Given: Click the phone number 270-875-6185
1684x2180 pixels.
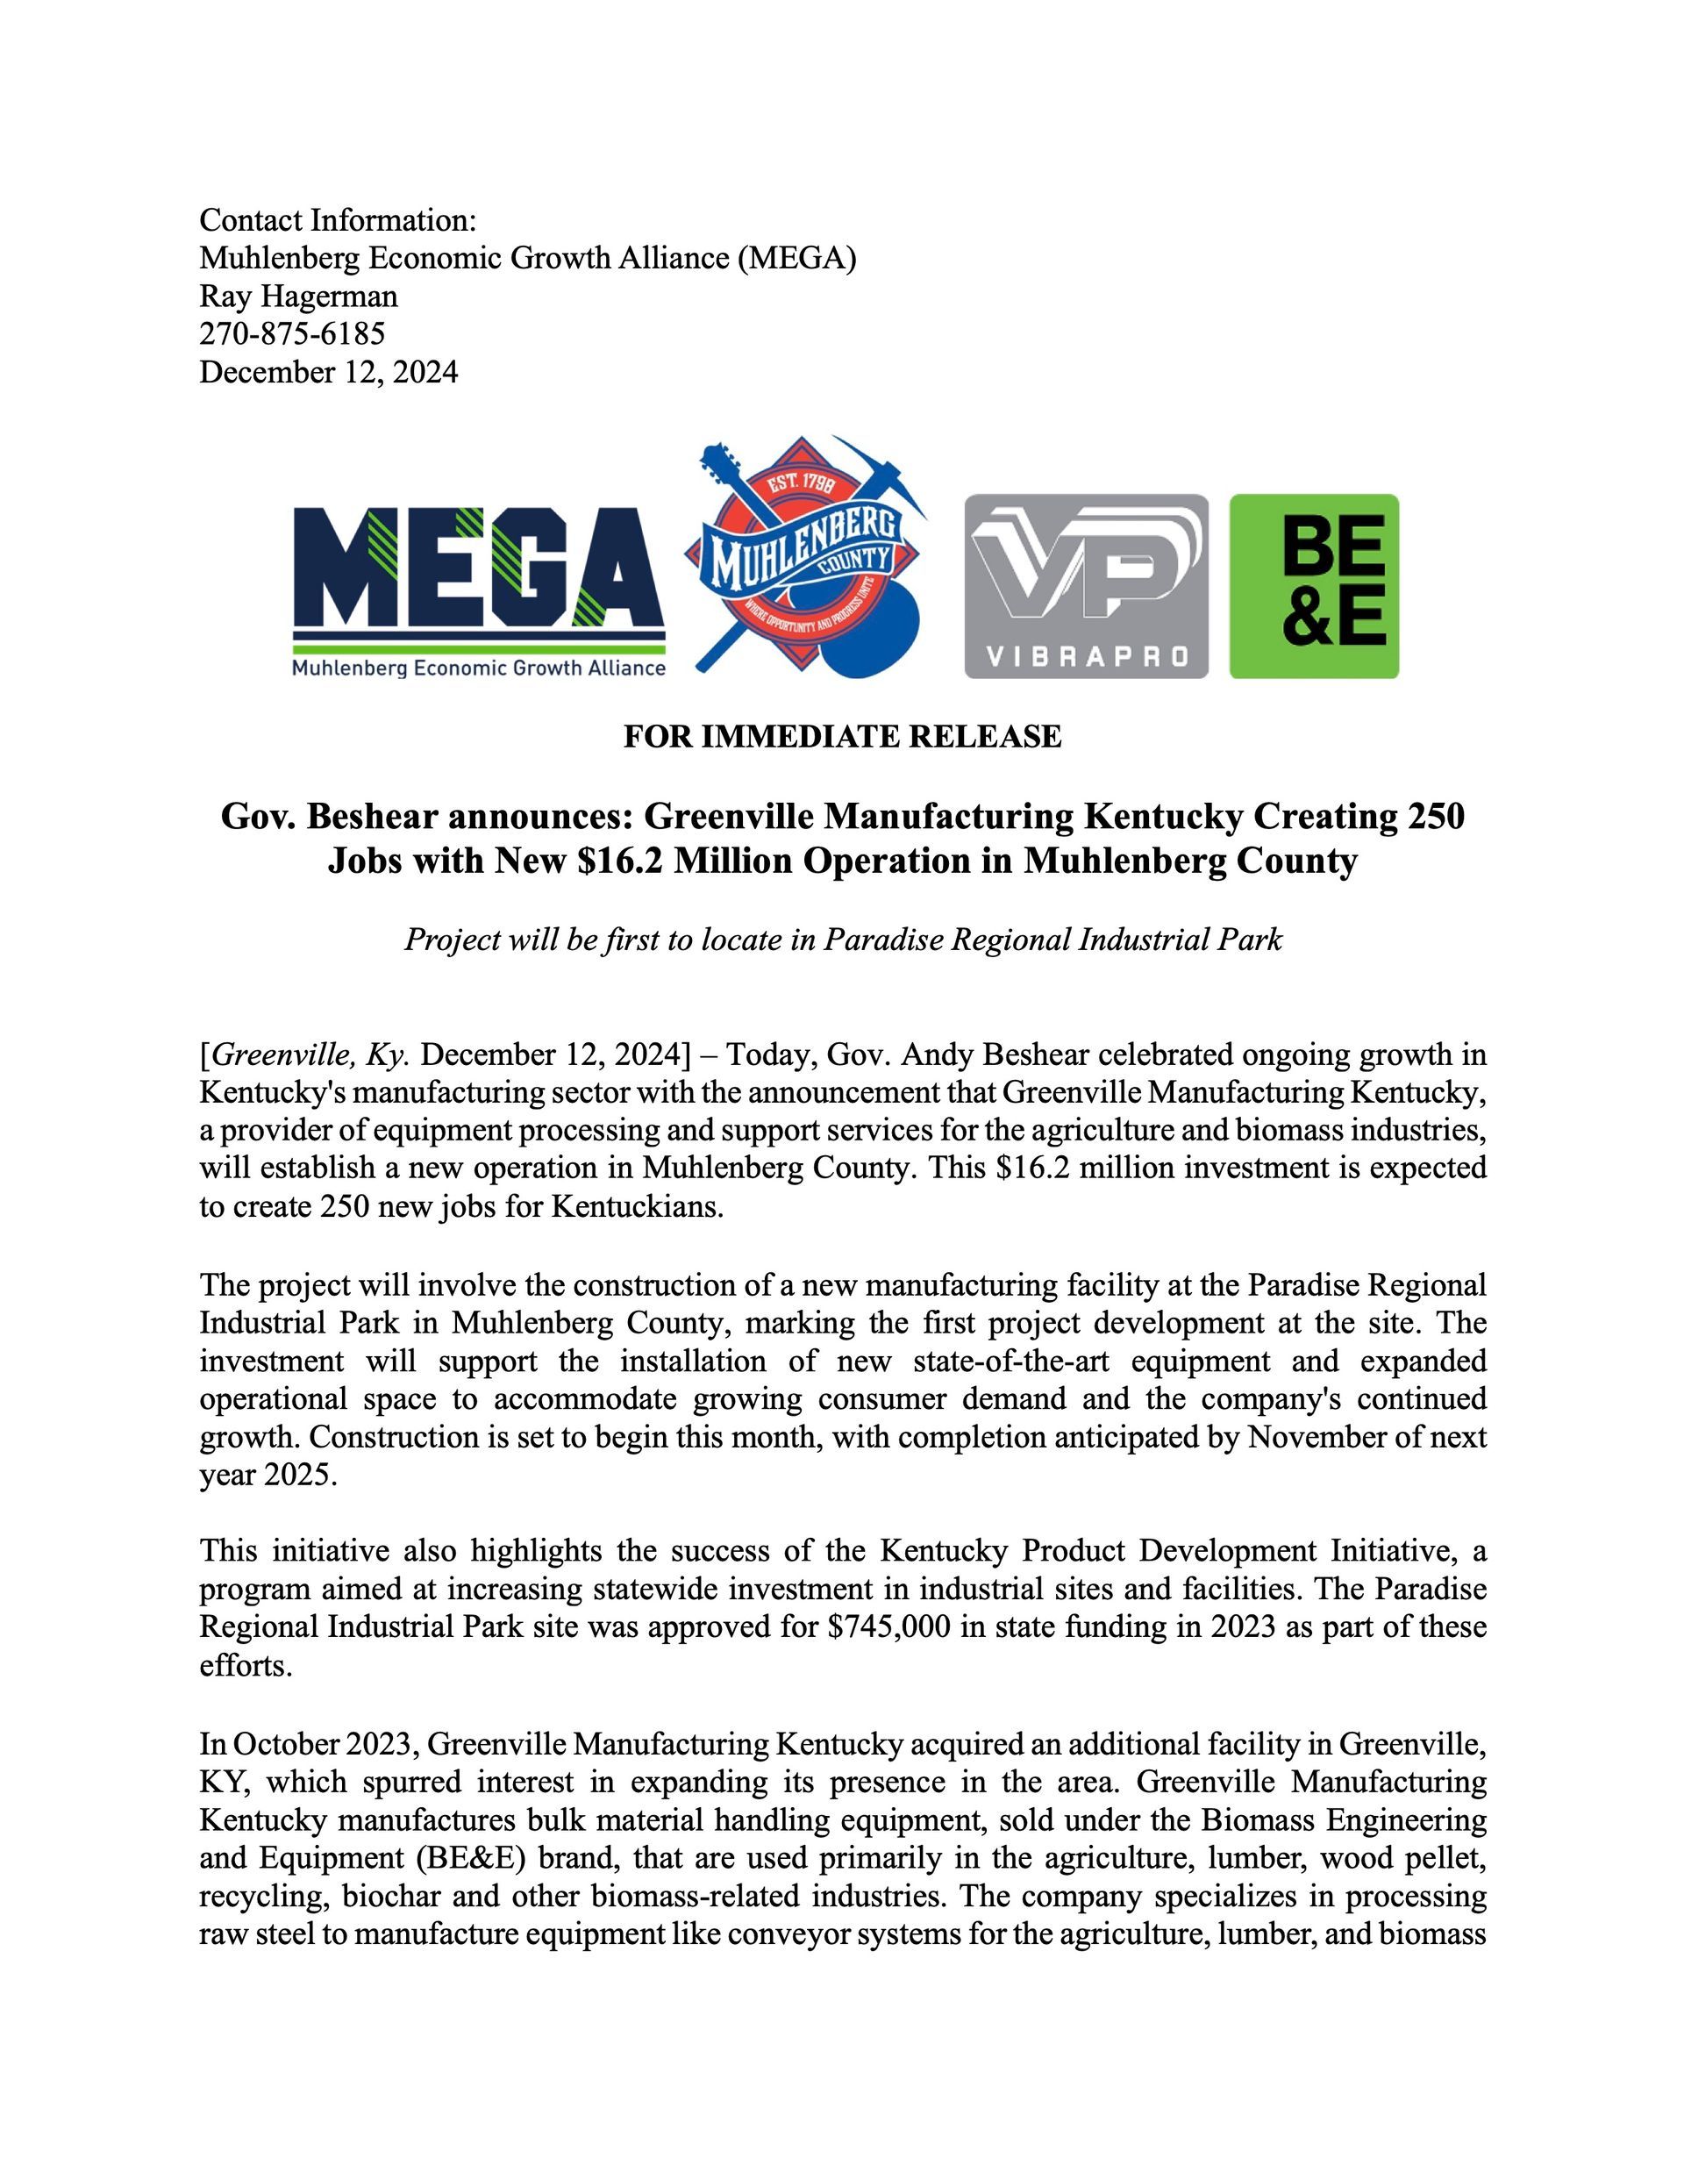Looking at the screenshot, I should pyautogui.click(x=291, y=333).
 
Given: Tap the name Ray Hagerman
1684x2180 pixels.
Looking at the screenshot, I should pyautogui.click(x=298, y=296).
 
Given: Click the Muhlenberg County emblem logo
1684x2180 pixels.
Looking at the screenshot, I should pyautogui.click(x=804, y=559).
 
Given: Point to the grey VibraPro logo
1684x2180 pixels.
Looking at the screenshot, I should pyautogui.click(x=1085, y=586).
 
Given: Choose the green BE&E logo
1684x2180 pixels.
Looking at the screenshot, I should pyautogui.click(x=1314, y=586).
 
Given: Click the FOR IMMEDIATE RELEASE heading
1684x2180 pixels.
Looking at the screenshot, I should pyautogui.click(x=841, y=737).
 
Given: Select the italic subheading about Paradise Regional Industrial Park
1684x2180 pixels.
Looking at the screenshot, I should pyautogui.click(x=841, y=940).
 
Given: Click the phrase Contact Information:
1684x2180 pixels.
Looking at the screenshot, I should pyautogui.click(x=338, y=219).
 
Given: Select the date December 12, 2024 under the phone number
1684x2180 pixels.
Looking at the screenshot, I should pyautogui.click(x=328, y=371).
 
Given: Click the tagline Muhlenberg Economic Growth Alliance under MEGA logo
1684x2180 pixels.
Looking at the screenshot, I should pyautogui.click(x=478, y=668).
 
